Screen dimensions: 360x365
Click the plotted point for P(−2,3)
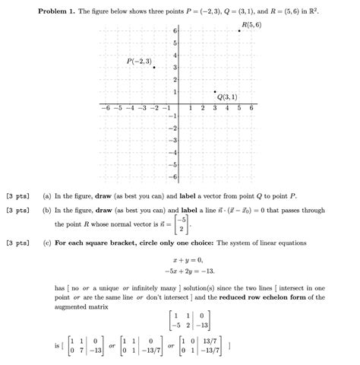155,68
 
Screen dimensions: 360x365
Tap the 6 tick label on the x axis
251,109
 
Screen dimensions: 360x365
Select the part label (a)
48,196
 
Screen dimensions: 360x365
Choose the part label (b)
48,210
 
